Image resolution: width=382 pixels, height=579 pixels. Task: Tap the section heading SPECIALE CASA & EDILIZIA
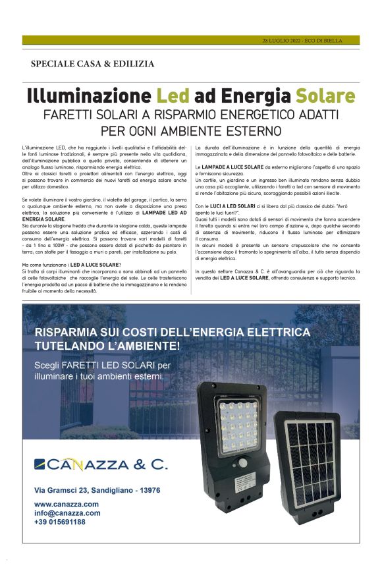pos(92,64)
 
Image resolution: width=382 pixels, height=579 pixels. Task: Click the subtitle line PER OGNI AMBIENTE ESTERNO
pos(191,130)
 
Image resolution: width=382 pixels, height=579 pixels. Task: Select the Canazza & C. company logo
pos(101,465)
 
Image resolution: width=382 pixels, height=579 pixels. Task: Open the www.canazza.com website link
pos(67,504)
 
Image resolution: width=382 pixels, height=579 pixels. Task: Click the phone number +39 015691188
pos(60,521)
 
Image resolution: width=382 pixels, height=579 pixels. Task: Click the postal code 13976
pos(146,490)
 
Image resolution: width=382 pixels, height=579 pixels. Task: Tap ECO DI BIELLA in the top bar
pos(325,40)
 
